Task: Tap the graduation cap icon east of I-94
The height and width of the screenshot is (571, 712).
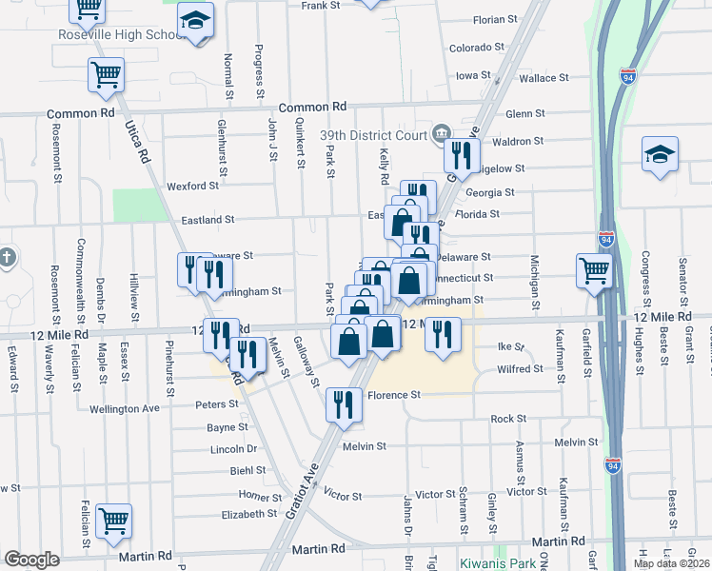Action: click(659, 155)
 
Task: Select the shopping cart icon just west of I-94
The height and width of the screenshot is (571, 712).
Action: click(594, 270)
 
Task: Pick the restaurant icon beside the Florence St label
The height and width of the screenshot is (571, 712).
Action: click(343, 404)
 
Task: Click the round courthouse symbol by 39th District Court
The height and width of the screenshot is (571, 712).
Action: click(441, 131)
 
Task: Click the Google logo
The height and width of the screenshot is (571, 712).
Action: click(31, 560)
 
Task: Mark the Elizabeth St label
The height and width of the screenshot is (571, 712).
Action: click(248, 514)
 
